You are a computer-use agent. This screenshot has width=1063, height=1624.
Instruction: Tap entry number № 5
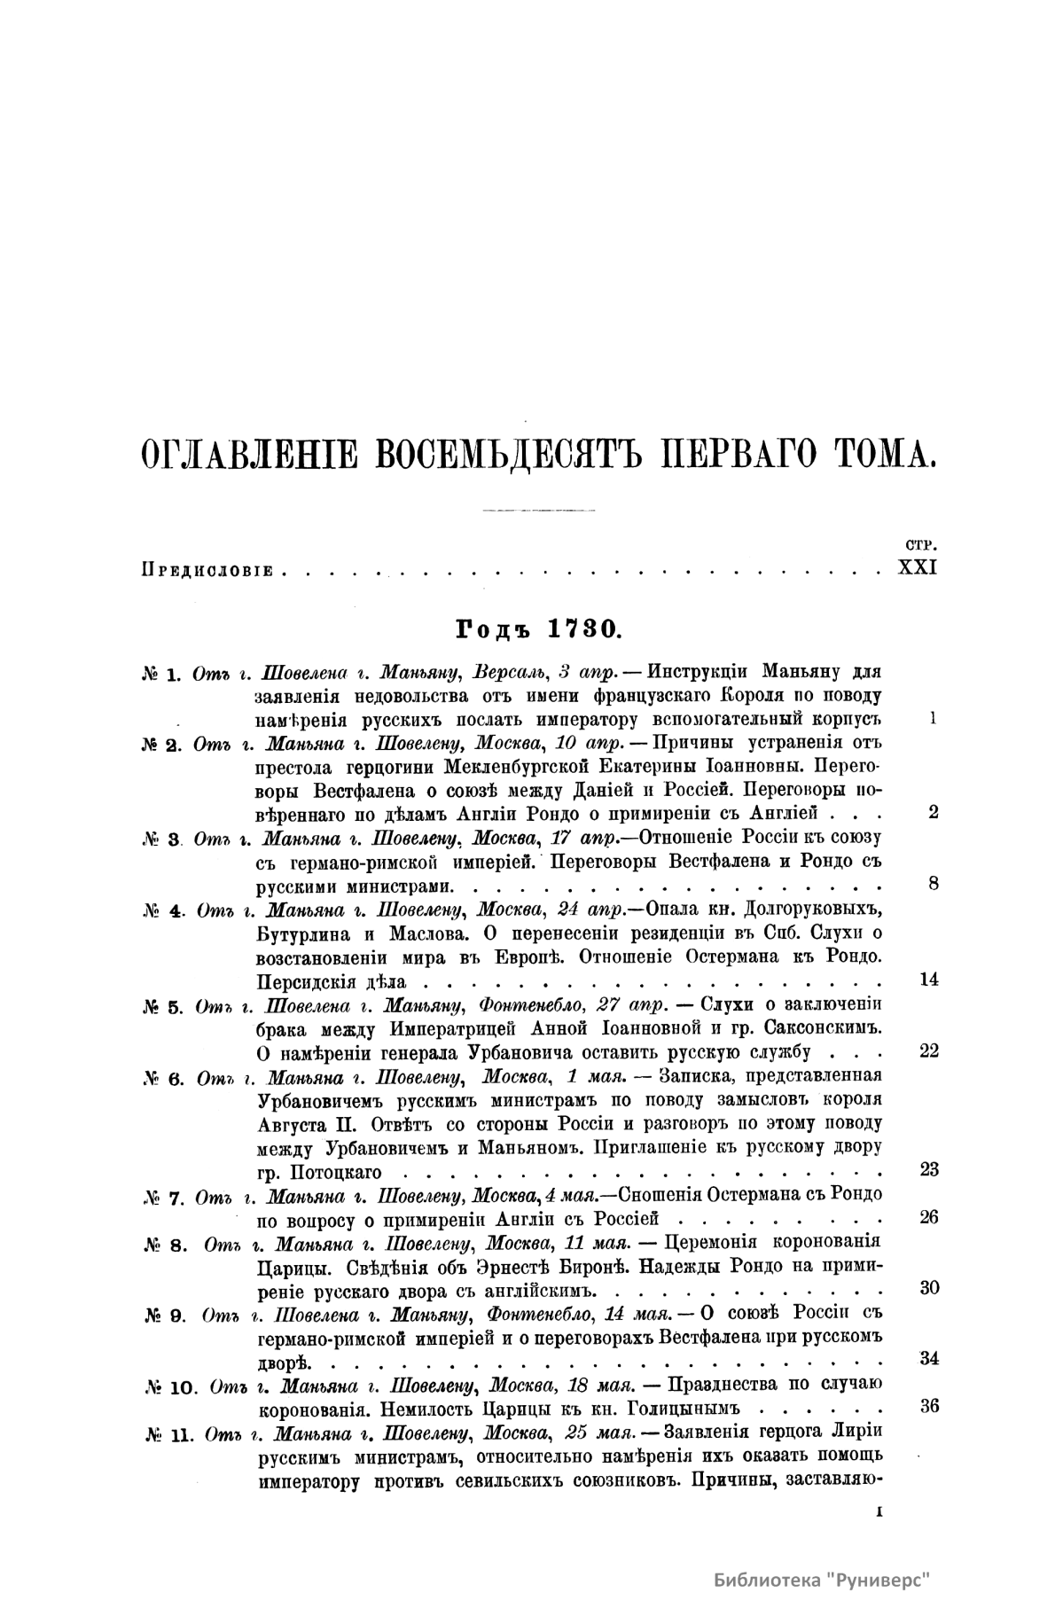[x=162, y=1006]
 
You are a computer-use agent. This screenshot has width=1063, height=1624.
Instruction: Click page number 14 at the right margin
[x=929, y=980]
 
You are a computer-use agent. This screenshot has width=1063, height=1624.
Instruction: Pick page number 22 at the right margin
[x=929, y=1050]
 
